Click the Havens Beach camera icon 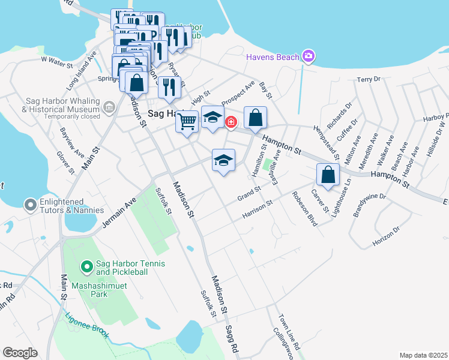(309, 56)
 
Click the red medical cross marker (231, 122)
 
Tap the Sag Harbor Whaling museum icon (109, 108)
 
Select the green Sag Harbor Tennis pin (86, 265)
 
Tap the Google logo (20, 353)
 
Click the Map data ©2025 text (423, 355)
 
